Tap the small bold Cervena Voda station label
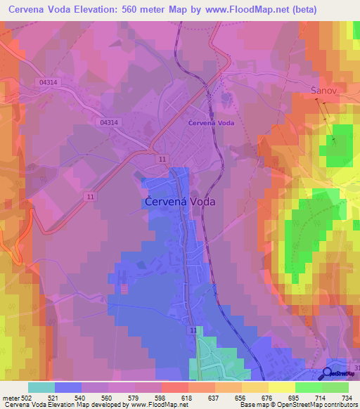pyautogui.click(x=211, y=122)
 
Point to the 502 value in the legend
pyautogui.click(x=26, y=398)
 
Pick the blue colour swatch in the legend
pyautogui.click(x=68, y=387)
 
